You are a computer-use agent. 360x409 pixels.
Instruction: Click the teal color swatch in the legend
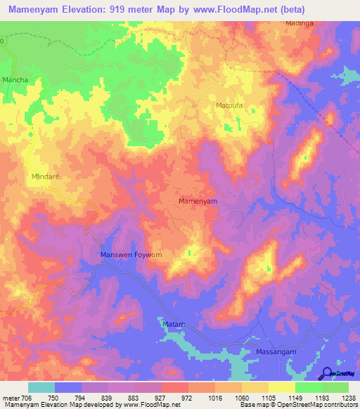(41, 387)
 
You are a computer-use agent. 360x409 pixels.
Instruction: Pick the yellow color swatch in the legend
(281, 387)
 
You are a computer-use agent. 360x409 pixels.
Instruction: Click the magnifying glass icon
(327, 374)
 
